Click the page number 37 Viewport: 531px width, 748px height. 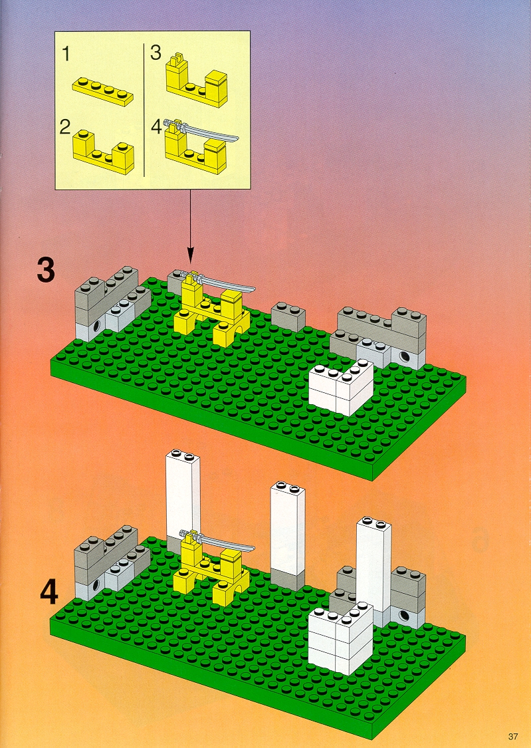513,736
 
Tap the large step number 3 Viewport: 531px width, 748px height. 47,270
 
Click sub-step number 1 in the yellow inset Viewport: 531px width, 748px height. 66,53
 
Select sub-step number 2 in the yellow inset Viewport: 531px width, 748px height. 65,126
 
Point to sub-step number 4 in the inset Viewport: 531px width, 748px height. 156,128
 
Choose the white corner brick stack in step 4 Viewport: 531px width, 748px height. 340,639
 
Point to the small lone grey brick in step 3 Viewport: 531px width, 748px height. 288,316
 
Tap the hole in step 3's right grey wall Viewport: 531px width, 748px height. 405,356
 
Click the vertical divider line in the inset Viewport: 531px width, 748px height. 144,110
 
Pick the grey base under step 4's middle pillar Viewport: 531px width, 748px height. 287,580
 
